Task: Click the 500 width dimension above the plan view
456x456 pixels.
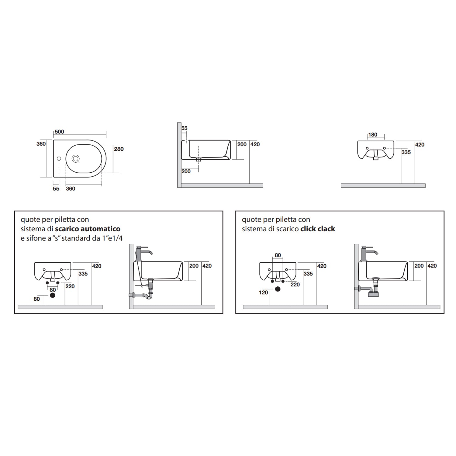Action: coord(59,132)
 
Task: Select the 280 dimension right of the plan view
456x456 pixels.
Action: coord(119,149)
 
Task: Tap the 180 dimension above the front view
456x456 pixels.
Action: coord(372,135)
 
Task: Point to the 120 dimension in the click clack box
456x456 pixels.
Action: coord(263,292)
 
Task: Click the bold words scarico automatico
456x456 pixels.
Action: coord(88,229)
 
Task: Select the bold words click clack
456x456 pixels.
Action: coord(318,229)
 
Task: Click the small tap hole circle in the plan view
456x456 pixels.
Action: coord(59,159)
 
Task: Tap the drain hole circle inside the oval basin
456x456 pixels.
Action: coord(75,158)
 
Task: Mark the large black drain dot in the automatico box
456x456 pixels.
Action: coord(53,295)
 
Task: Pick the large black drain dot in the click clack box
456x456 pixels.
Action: coord(278,289)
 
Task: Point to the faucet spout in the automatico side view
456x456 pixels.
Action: coord(150,252)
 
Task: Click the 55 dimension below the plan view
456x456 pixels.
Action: coord(56,188)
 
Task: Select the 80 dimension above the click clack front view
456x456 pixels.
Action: coord(278,255)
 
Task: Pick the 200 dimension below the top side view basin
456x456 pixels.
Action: coord(186,171)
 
